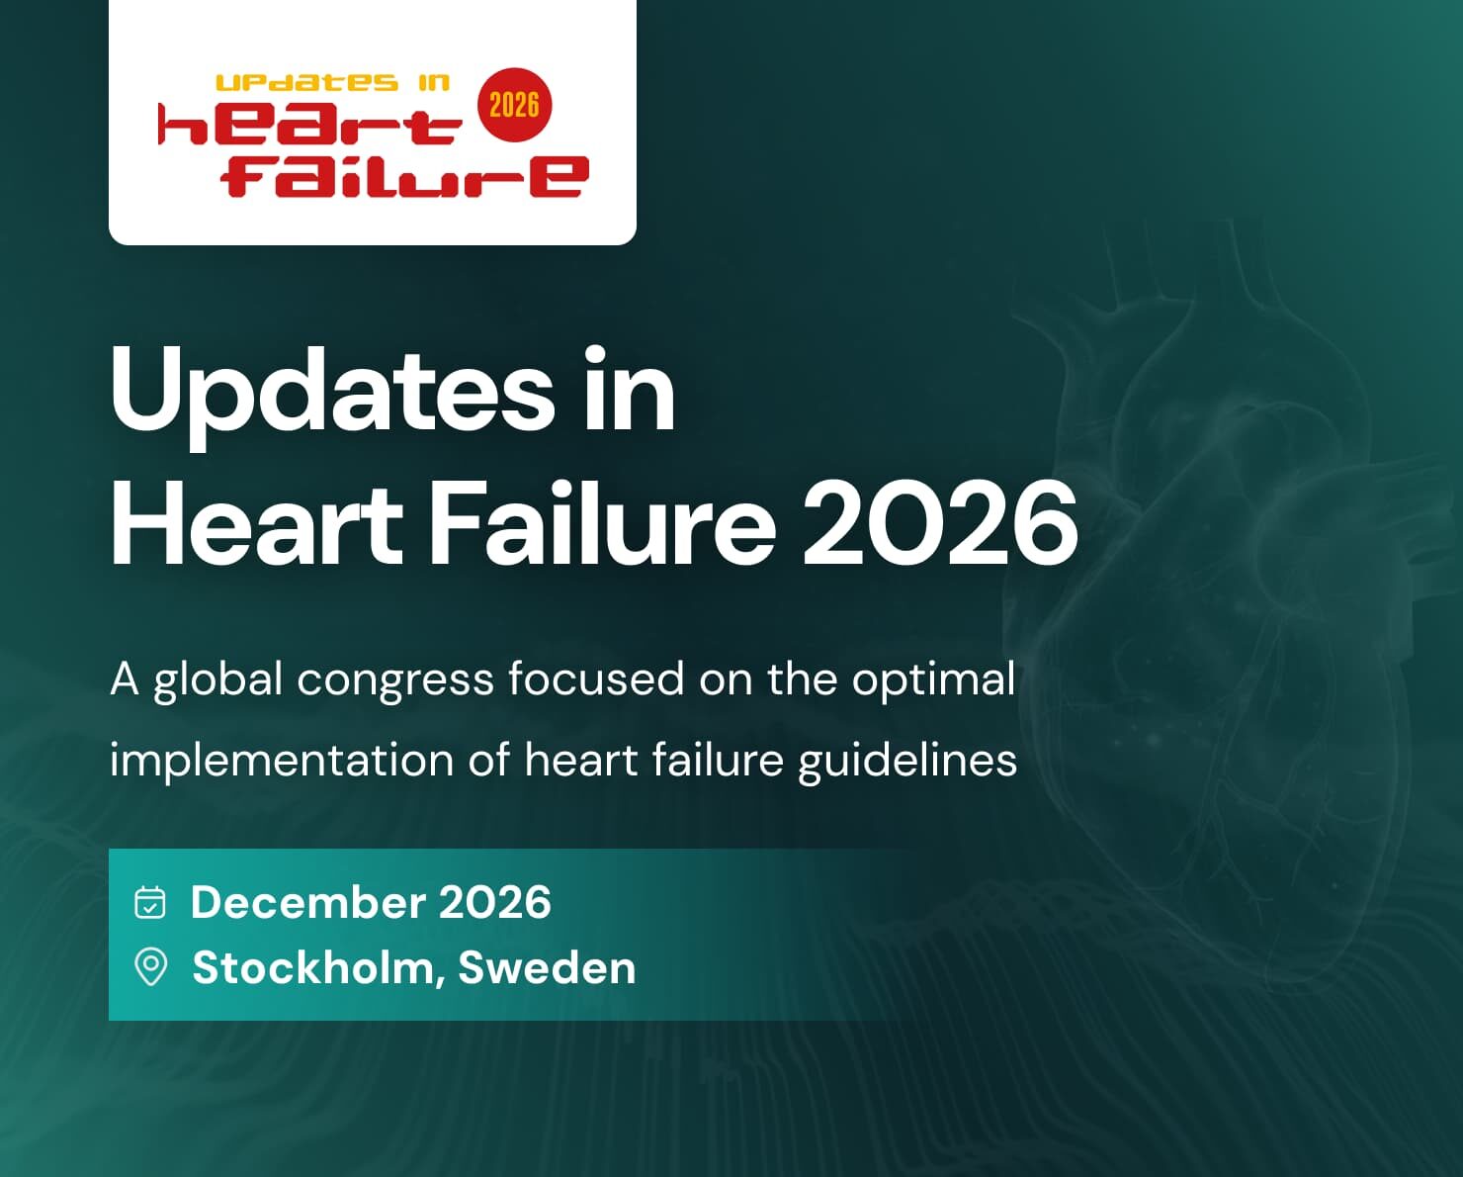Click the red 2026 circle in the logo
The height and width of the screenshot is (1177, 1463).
click(514, 105)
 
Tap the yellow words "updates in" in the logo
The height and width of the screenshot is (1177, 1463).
click(332, 83)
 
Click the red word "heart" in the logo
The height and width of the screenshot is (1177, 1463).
click(309, 127)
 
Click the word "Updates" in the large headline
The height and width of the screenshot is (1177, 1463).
click(332, 392)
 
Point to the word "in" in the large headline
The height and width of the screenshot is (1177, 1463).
click(629, 392)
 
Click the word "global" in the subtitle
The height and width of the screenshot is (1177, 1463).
click(218, 680)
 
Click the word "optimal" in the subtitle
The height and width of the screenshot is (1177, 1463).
click(933, 680)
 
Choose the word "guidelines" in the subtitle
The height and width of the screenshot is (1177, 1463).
click(907, 761)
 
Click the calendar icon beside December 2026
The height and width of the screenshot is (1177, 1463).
click(150, 902)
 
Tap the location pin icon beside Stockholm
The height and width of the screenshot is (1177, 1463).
click(150, 966)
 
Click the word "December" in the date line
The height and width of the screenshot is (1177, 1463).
click(307, 902)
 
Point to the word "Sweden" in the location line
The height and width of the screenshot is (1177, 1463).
click(547, 967)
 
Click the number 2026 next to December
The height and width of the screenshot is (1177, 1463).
click(494, 902)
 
